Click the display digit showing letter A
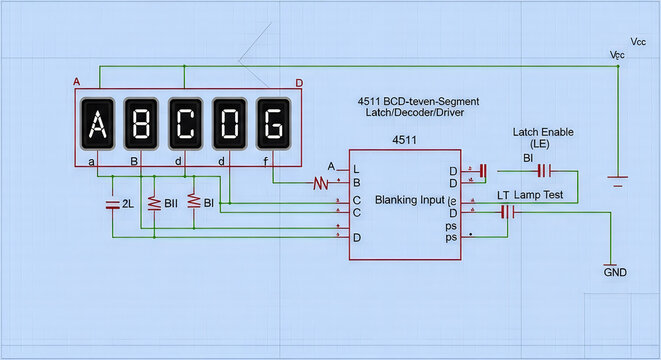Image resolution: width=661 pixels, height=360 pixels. (x=97, y=124)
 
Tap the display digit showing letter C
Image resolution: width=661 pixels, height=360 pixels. (x=185, y=124)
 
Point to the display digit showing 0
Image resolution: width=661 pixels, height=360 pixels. (x=229, y=124)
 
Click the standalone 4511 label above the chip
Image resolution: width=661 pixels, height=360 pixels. (x=405, y=139)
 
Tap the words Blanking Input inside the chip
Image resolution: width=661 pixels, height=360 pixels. (x=409, y=200)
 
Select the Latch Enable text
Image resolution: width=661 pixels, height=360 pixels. (x=543, y=132)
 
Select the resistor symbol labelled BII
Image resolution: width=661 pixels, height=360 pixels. (x=154, y=203)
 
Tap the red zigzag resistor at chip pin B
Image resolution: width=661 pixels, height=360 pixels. (x=320, y=183)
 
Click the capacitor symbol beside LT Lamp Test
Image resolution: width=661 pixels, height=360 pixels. (x=507, y=212)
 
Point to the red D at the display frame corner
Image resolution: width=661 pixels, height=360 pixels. (x=298, y=83)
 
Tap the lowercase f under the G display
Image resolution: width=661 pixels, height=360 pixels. (x=265, y=160)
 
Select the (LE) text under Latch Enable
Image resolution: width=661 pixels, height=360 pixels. (x=543, y=145)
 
